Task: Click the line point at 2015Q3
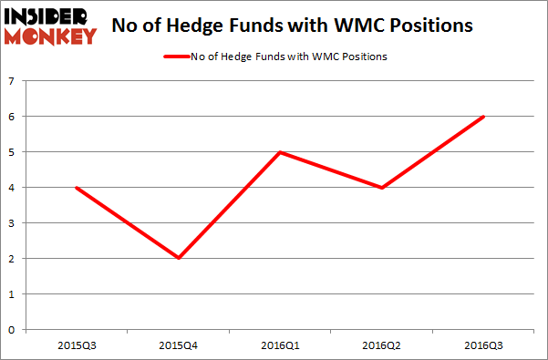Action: [x=78, y=188]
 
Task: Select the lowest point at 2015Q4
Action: [x=180, y=258]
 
